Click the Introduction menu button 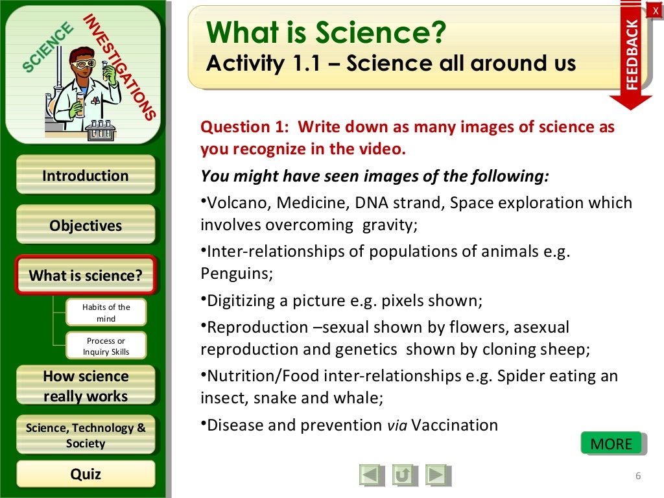pyautogui.click(x=85, y=176)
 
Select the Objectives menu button pyautogui.click(x=85, y=226)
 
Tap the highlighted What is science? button pyautogui.click(x=85, y=276)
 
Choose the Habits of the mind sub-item pyautogui.click(x=106, y=313)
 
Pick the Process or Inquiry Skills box pyautogui.click(x=106, y=346)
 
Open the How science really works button pyautogui.click(x=85, y=386)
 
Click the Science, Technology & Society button pyautogui.click(x=85, y=435)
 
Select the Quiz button pyautogui.click(x=85, y=474)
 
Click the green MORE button pyautogui.click(x=611, y=444)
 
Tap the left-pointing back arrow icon pyautogui.click(x=371, y=475)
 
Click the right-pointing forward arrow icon pyautogui.click(x=438, y=475)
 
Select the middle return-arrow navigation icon pyautogui.click(x=404, y=475)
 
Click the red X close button pyautogui.click(x=656, y=9)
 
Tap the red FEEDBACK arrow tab pyautogui.click(x=631, y=55)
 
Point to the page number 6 pyautogui.click(x=638, y=477)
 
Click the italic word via pyautogui.click(x=397, y=426)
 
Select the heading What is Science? pyautogui.click(x=327, y=33)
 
